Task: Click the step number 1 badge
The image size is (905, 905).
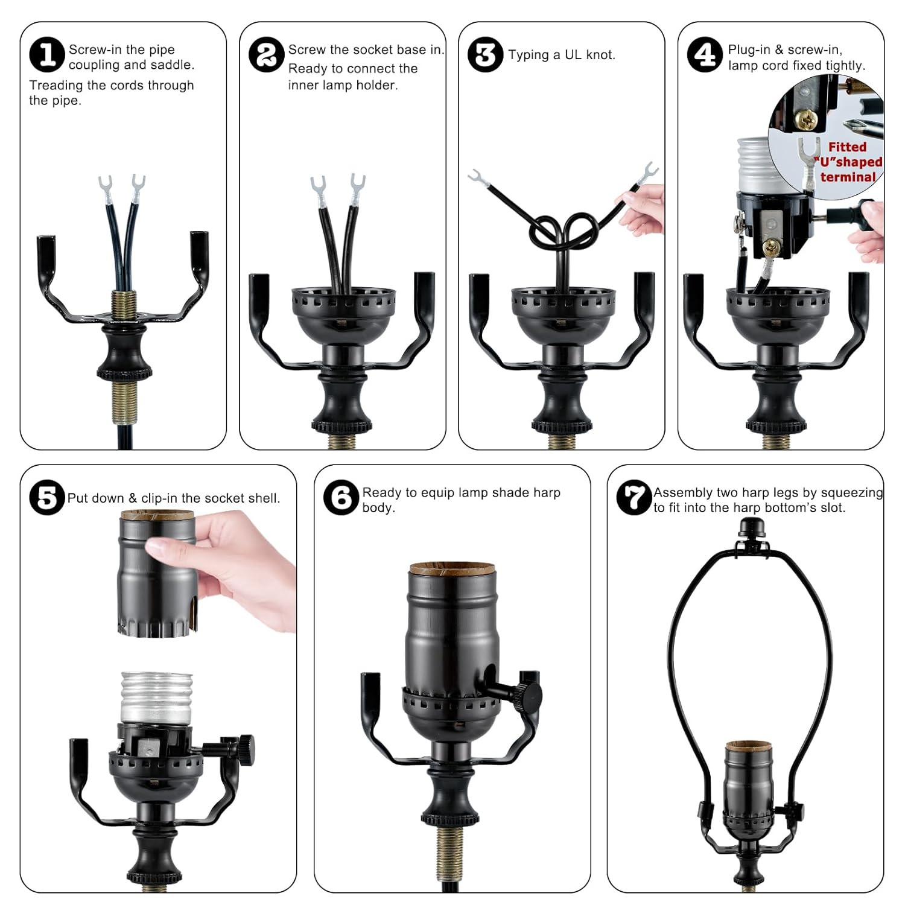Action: tap(46, 55)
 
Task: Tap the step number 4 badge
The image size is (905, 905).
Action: tap(705, 55)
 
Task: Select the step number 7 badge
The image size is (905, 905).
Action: tap(634, 498)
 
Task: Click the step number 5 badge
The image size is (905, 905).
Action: tap(46, 498)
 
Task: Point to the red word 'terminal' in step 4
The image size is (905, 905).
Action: tap(848, 177)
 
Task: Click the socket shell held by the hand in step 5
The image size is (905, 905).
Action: tap(157, 573)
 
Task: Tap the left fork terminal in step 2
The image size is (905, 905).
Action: tap(319, 187)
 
